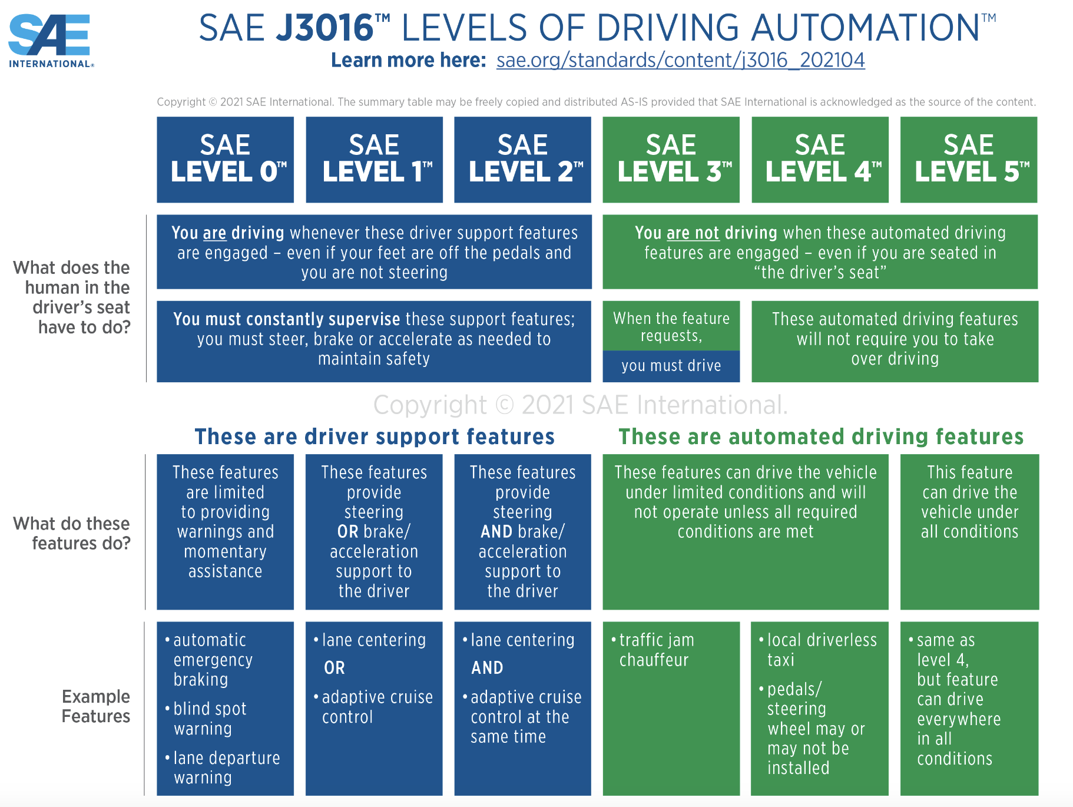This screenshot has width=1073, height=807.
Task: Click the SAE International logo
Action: point(51,40)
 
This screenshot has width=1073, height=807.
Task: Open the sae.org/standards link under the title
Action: point(680,60)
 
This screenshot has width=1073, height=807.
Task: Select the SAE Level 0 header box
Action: point(225,160)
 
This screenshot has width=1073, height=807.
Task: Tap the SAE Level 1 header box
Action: point(374,160)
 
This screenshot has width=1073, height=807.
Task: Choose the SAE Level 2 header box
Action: point(522,160)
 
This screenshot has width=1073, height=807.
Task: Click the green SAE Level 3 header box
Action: point(671,160)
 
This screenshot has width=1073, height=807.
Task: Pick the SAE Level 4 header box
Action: point(820,160)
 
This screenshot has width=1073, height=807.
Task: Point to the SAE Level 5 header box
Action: point(969,160)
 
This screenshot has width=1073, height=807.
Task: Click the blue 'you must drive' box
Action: point(671,366)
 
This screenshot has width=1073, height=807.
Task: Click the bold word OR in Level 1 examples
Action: point(335,668)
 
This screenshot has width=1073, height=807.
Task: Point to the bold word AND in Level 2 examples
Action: point(487,668)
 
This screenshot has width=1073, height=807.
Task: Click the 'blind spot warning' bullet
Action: point(210,719)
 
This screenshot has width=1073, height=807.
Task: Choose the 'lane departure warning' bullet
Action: point(226,768)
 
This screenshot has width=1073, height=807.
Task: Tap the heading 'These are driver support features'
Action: point(375,436)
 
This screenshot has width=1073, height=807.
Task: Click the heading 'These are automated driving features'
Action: point(821,436)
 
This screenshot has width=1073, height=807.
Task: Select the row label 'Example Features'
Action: point(95,706)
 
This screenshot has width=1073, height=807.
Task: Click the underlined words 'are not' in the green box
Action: point(693,233)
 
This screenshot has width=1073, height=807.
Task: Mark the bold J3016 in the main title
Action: point(324,28)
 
